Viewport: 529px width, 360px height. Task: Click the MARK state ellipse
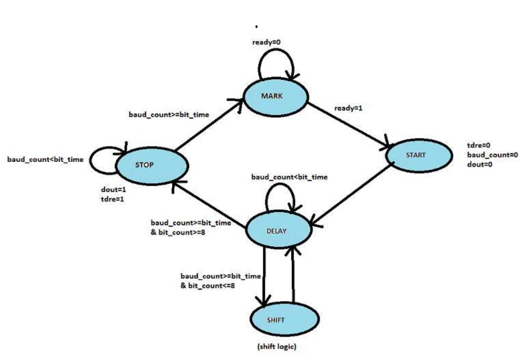coord(275,96)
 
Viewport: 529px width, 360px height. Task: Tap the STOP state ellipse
coord(151,165)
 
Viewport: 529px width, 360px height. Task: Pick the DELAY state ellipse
coord(279,231)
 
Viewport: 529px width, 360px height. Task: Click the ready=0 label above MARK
coord(267,43)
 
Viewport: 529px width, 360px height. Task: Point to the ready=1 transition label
coord(348,107)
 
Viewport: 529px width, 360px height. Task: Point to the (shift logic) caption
coord(277,347)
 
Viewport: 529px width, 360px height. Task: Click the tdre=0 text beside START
coord(480,145)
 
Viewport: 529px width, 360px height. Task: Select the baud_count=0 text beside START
coord(492,155)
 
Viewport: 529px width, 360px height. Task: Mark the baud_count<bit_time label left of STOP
coord(45,160)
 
